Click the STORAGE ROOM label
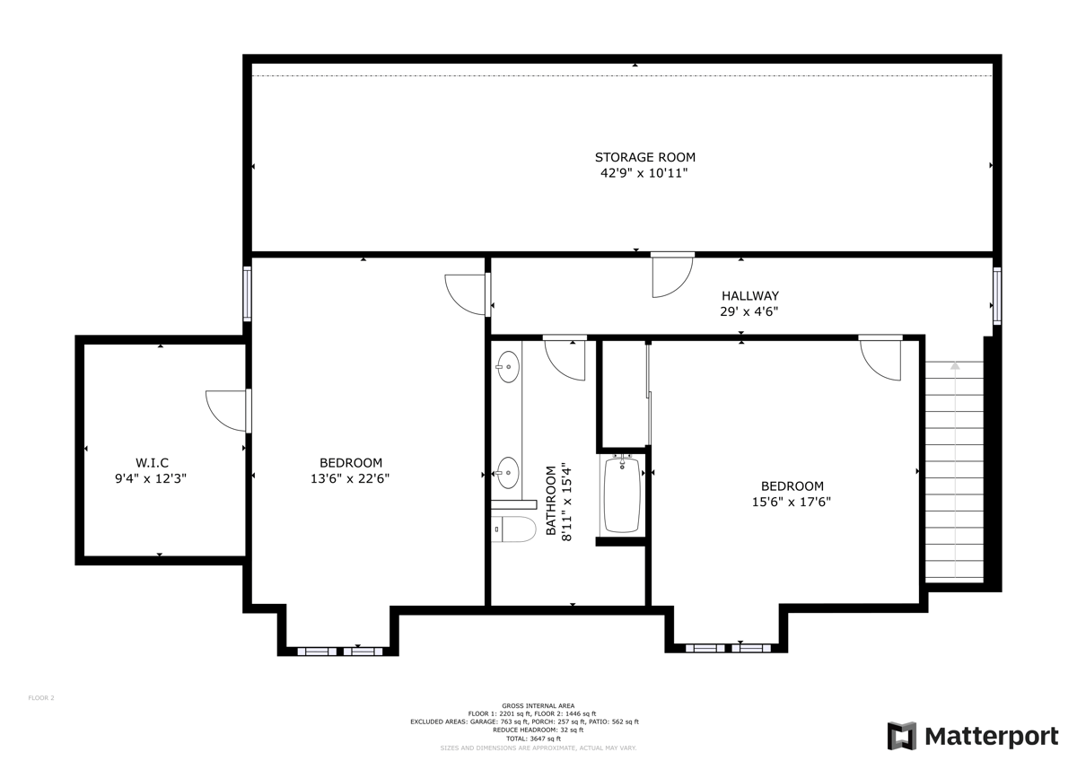pos(644,157)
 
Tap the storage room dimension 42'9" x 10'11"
pos(644,174)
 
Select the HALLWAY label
pos(749,295)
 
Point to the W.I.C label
pos(151,462)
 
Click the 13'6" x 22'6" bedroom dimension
pos(349,479)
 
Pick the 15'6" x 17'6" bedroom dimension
pos(791,503)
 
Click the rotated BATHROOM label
pos(551,502)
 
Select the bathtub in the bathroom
pos(622,494)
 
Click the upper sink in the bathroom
pos(508,366)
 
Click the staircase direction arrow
pos(955,365)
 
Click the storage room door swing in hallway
pos(671,276)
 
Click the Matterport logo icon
pos(902,736)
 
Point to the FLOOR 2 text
pos(41,697)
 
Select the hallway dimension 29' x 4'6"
pos(749,311)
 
